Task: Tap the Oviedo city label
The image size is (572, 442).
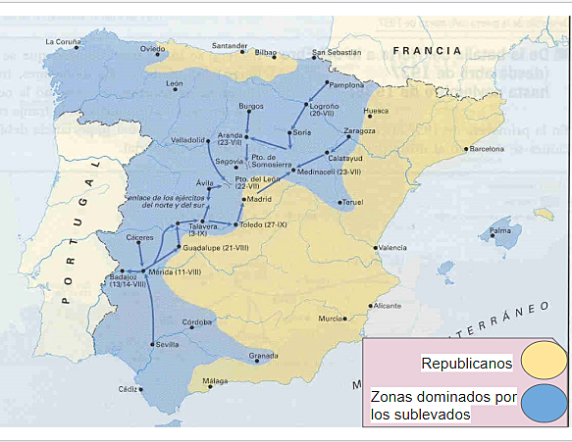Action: [152, 48]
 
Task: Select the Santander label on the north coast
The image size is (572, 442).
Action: [230, 46]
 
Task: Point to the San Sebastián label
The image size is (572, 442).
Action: [337, 53]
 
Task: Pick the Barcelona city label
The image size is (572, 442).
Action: [487, 149]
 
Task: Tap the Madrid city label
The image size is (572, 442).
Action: [259, 199]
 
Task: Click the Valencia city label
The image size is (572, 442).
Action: [392, 248]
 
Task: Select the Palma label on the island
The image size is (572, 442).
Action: [500, 231]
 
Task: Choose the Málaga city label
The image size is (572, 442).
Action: [215, 380]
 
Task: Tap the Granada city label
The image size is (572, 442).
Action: [264, 355]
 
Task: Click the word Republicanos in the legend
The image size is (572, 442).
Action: [467, 364]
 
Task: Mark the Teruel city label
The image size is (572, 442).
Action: [352, 202]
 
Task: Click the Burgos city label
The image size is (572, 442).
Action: [251, 106]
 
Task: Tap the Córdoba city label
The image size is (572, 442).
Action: [197, 322]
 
